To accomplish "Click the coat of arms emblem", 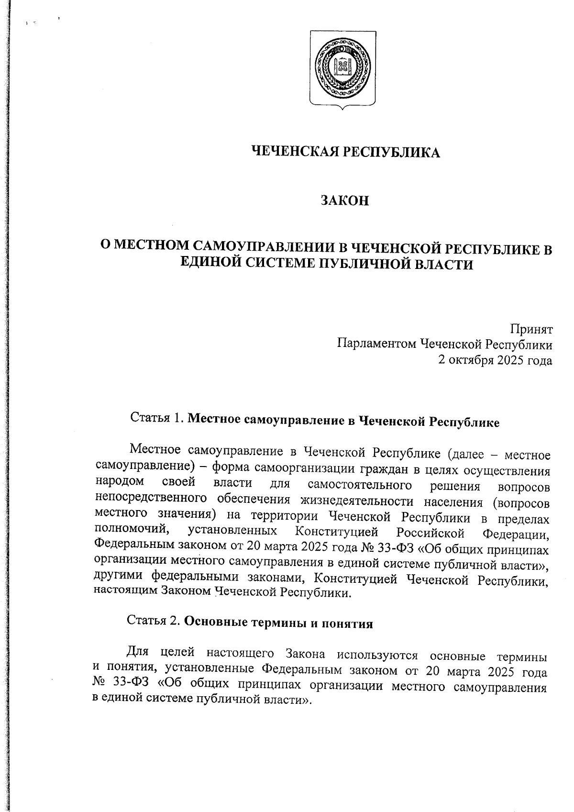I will pyautogui.click(x=342, y=68).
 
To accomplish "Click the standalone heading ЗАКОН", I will pyautogui.click(x=345, y=200).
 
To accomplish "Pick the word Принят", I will pyautogui.click(x=530, y=330).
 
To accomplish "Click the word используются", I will pyautogui.click(x=377, y=655).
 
